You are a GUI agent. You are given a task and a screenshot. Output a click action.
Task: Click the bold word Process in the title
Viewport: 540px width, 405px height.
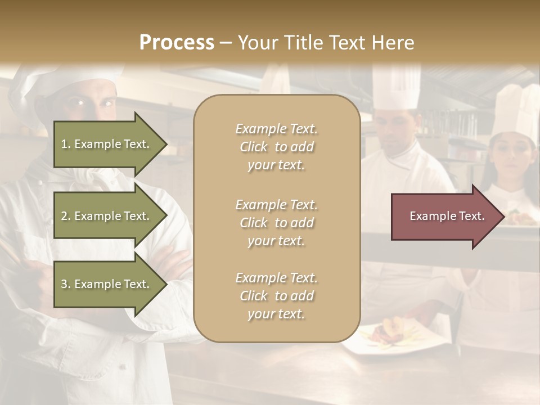(177, 43)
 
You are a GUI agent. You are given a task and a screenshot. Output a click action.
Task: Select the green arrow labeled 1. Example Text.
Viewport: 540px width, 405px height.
(107, 144)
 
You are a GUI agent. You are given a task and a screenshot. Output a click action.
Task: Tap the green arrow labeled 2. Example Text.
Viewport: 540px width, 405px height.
(107, 216)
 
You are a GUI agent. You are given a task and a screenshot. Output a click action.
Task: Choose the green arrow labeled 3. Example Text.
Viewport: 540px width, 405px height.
(107, 284)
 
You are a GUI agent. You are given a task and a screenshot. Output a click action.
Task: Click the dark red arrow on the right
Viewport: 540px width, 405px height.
(444, 217)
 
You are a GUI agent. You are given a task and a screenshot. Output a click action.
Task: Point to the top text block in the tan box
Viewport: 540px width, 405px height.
(276, 147)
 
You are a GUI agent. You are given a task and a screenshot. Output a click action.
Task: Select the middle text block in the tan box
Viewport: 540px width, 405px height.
(276, 223)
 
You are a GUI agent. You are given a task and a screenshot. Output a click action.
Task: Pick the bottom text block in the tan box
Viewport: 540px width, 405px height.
(276, 296)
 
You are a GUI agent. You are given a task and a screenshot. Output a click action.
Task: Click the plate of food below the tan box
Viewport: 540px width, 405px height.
(388, 335)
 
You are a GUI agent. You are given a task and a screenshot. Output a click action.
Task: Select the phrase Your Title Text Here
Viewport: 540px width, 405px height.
(326, 43)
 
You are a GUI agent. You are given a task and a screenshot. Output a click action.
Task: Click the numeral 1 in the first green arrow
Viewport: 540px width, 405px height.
(64, 144)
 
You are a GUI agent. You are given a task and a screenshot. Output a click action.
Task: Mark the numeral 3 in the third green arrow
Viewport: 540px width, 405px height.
(64, 284)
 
